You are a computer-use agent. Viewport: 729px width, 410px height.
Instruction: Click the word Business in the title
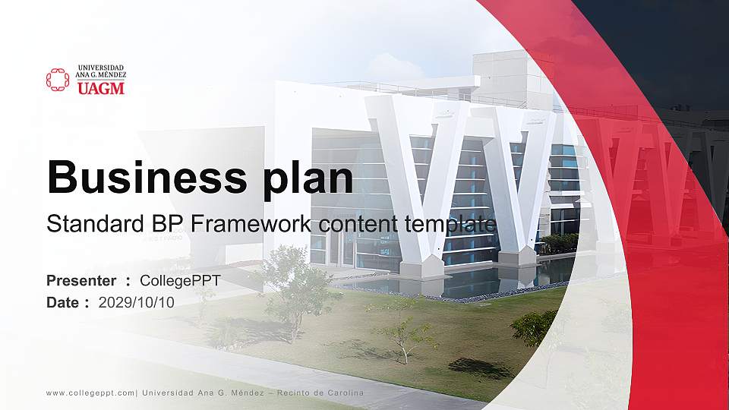[x=141, y=177]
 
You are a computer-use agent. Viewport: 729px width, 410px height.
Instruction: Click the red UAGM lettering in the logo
[x=100, y=88]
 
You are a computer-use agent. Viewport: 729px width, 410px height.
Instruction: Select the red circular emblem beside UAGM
[x=58, y=80]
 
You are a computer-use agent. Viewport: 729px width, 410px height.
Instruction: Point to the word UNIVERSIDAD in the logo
[x=100, y=68]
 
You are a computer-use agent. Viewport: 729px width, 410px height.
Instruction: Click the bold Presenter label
[x=81, y=281]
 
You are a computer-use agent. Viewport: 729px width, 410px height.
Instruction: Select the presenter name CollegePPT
[x=180, y=281]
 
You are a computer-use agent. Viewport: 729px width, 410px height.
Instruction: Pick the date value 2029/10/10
[x=137, y=302]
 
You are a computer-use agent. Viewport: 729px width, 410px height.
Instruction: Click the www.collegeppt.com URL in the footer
[x=90, y=393]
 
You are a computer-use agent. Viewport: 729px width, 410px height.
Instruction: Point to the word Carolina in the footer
[x=342, y=393]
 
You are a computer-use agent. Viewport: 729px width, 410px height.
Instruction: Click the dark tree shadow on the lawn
[x=478, y=368]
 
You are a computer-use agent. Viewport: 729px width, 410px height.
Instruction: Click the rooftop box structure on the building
[x=513, y=76]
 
